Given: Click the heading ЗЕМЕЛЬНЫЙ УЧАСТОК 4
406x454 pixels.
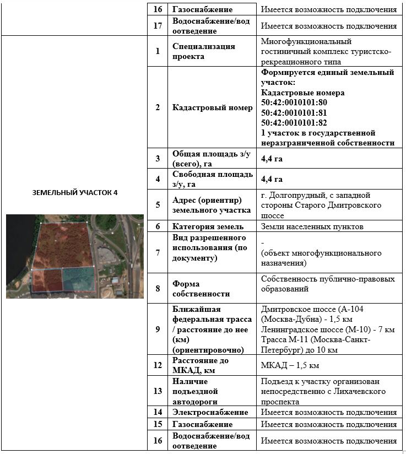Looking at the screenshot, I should pyautogui.click(x=75, y=192).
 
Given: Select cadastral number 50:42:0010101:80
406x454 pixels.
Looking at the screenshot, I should pyautogui.click(x=294, y=102).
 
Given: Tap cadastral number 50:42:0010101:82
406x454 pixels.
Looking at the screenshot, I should pyautogui.click(x=294, y=122).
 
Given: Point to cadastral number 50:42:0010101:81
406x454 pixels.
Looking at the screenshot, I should pyautogui.click(x=294, y=112).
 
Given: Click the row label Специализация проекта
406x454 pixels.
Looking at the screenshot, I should pyautogui.click(x=203, y=51).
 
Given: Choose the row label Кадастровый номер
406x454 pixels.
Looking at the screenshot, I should pyautogui.click(x=212, y=107).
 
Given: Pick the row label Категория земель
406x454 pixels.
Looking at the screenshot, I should pyautogui.click(x=207, y=226).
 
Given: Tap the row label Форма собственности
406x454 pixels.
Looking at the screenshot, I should pyautogui.click(x=201, y=289).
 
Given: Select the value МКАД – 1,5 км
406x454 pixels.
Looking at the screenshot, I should pyautogui.click(x=290, y=365).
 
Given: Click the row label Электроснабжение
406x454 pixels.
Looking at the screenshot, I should pyautogui.click(x=210, y=412).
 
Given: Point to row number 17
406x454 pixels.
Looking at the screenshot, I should pyautogui.click(x=158, y=26).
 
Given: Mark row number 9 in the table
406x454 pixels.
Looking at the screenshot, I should pyautogui.click(x=158, y=329).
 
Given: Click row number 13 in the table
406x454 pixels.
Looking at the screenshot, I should pyautogui.click(x=158, y=391).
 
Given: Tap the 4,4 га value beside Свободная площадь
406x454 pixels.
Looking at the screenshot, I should pyautogui.click(x=272, y=179).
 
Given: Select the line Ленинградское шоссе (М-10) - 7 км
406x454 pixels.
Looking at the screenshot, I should pyautogui.click(x=328, y=329).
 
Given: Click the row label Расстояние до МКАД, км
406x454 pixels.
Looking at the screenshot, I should pyautogui.click(x=201, y=365).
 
